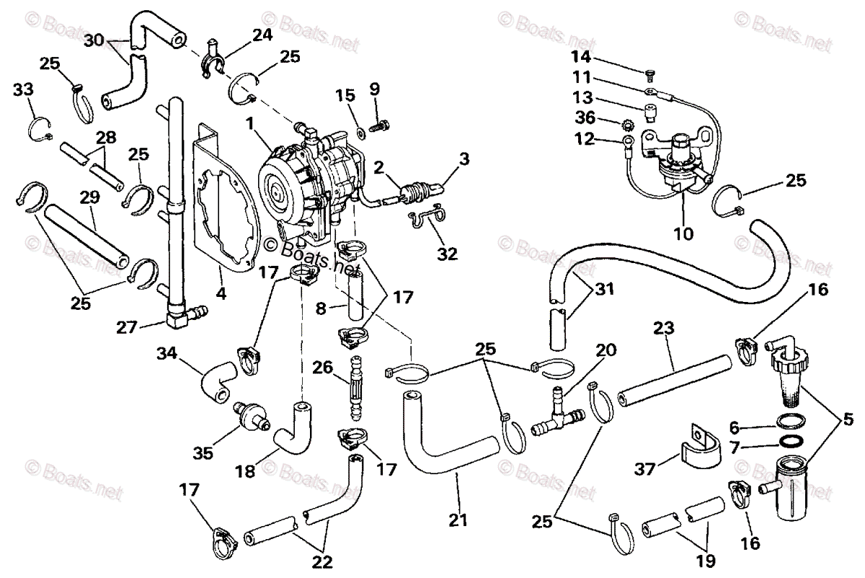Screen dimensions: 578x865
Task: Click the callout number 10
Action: click(683, 234)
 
